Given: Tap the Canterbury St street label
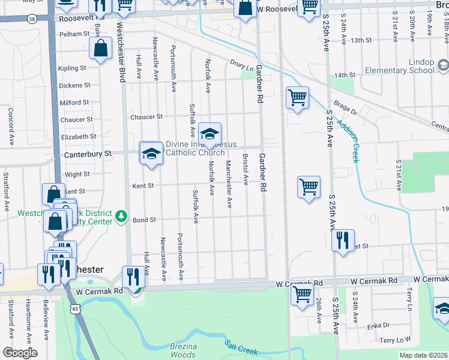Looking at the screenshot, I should click(x=88, y=154).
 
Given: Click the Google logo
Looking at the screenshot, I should click(x=19, y=353).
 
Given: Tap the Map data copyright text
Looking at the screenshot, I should click(x=424, y=355).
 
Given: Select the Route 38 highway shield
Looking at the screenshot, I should click(x=32, y=19).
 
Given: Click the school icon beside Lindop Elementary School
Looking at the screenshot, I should click(x=442, y=65).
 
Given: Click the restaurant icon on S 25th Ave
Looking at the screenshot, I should click(x=343, y=240).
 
